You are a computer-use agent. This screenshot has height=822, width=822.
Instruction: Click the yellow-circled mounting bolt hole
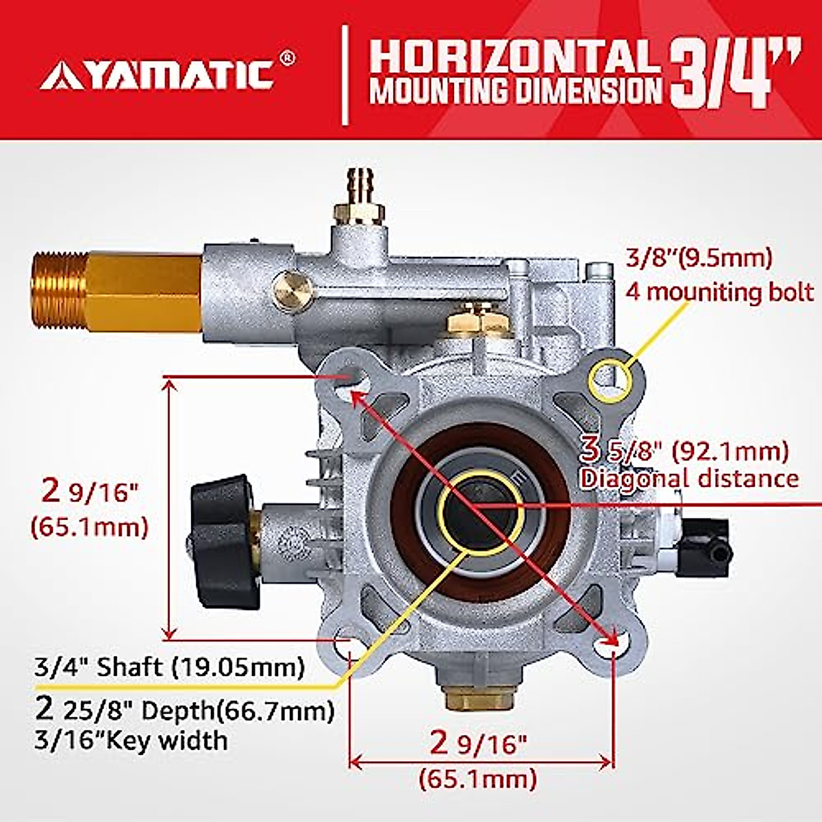pyautogui.click(x=608, y=376)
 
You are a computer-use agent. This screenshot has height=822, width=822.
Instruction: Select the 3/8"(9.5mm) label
pyautogui.click(x=699, y=258)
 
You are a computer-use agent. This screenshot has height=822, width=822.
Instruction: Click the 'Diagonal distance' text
pyautogui.click(x=689, y=477)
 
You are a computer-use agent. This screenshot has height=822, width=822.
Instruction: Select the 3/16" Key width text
pyautogui.click(x=131, y=740)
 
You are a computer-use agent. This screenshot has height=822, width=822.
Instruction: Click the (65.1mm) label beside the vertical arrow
pyautogui.click(x=89, y=527)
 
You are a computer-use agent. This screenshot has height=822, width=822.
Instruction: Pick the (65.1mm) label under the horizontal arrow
pyautogui.click(x=477, y=779)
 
